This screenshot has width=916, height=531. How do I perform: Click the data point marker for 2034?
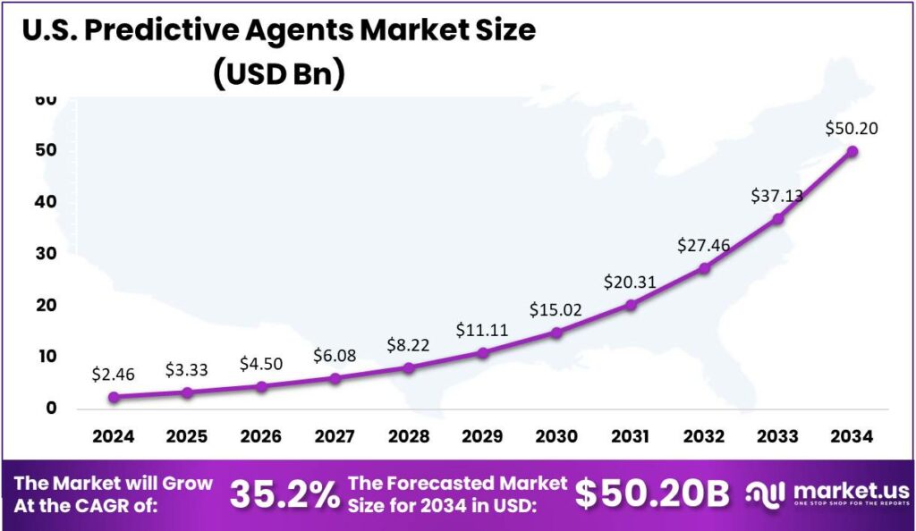pyautogui.click(x=852, y=151)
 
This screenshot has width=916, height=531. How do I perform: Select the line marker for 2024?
pyautogui.click(x=114, y=397)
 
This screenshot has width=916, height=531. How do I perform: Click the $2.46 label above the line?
pyautogui.click(x=113, y=375)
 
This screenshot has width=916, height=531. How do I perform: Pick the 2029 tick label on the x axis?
pyautogui.click(x=482, y=437)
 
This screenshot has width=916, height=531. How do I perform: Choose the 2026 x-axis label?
pyautogui.click(x=260, y=437)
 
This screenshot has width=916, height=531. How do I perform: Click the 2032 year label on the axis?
pyautogui.click(x=704, y=437)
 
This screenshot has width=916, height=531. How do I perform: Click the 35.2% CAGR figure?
pyautogui.click(x=284, y=494)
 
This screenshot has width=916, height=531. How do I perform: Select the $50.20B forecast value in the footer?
pyautogui.click(x=652, y=494)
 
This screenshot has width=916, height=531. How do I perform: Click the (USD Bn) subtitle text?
pyautogui.click(x=278, y=74)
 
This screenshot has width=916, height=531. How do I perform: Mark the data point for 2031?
pyautogui.click(x=631, y=305)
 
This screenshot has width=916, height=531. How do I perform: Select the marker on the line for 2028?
pyautogui.click(x=409, y=367)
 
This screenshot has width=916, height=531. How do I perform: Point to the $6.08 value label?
pyautogui.click(x=335, y=355)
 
